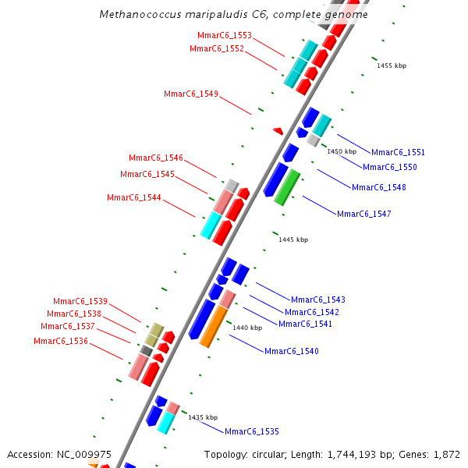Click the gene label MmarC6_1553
click(x=225, y=36)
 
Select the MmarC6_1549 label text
click(x=190, y=94)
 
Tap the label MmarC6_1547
click(x=363, y=214)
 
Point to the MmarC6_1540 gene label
click(x=291, y=352)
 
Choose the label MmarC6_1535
click(x=251, y=432)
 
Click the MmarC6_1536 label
click(x=60, y=342)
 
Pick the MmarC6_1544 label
click(x=133, y=198)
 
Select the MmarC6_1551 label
click(x=398, y=153)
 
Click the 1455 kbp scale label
click(x=392, y=66)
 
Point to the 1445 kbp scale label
click(x=293, y=239)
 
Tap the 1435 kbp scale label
click(x=203, y=418)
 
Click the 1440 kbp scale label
click(x=247, y=328)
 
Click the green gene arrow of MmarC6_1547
click(x=287, y=187)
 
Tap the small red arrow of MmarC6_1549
click(x=278, y=130)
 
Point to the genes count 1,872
click(x=447, y=455)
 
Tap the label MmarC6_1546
click(x=155, y=158)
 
